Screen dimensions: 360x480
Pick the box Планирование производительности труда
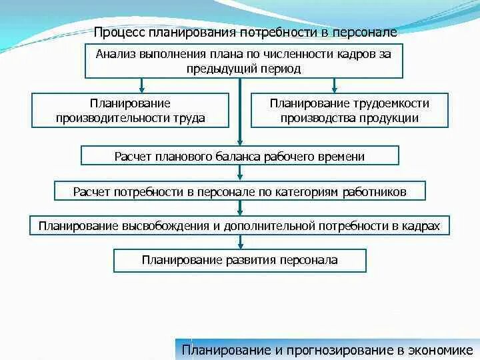click(x=130, y=111)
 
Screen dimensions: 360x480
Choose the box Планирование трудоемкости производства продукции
click(x=349, y=111)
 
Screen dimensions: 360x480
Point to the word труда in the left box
click(x=190, y=118)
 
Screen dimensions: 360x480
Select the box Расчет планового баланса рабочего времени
click(x=239, y=156)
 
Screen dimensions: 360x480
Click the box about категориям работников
click(x=239, y=191)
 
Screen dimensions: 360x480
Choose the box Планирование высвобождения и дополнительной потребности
click(x=239, y=225)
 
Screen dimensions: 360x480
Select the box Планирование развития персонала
click(x=239, y=260)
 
